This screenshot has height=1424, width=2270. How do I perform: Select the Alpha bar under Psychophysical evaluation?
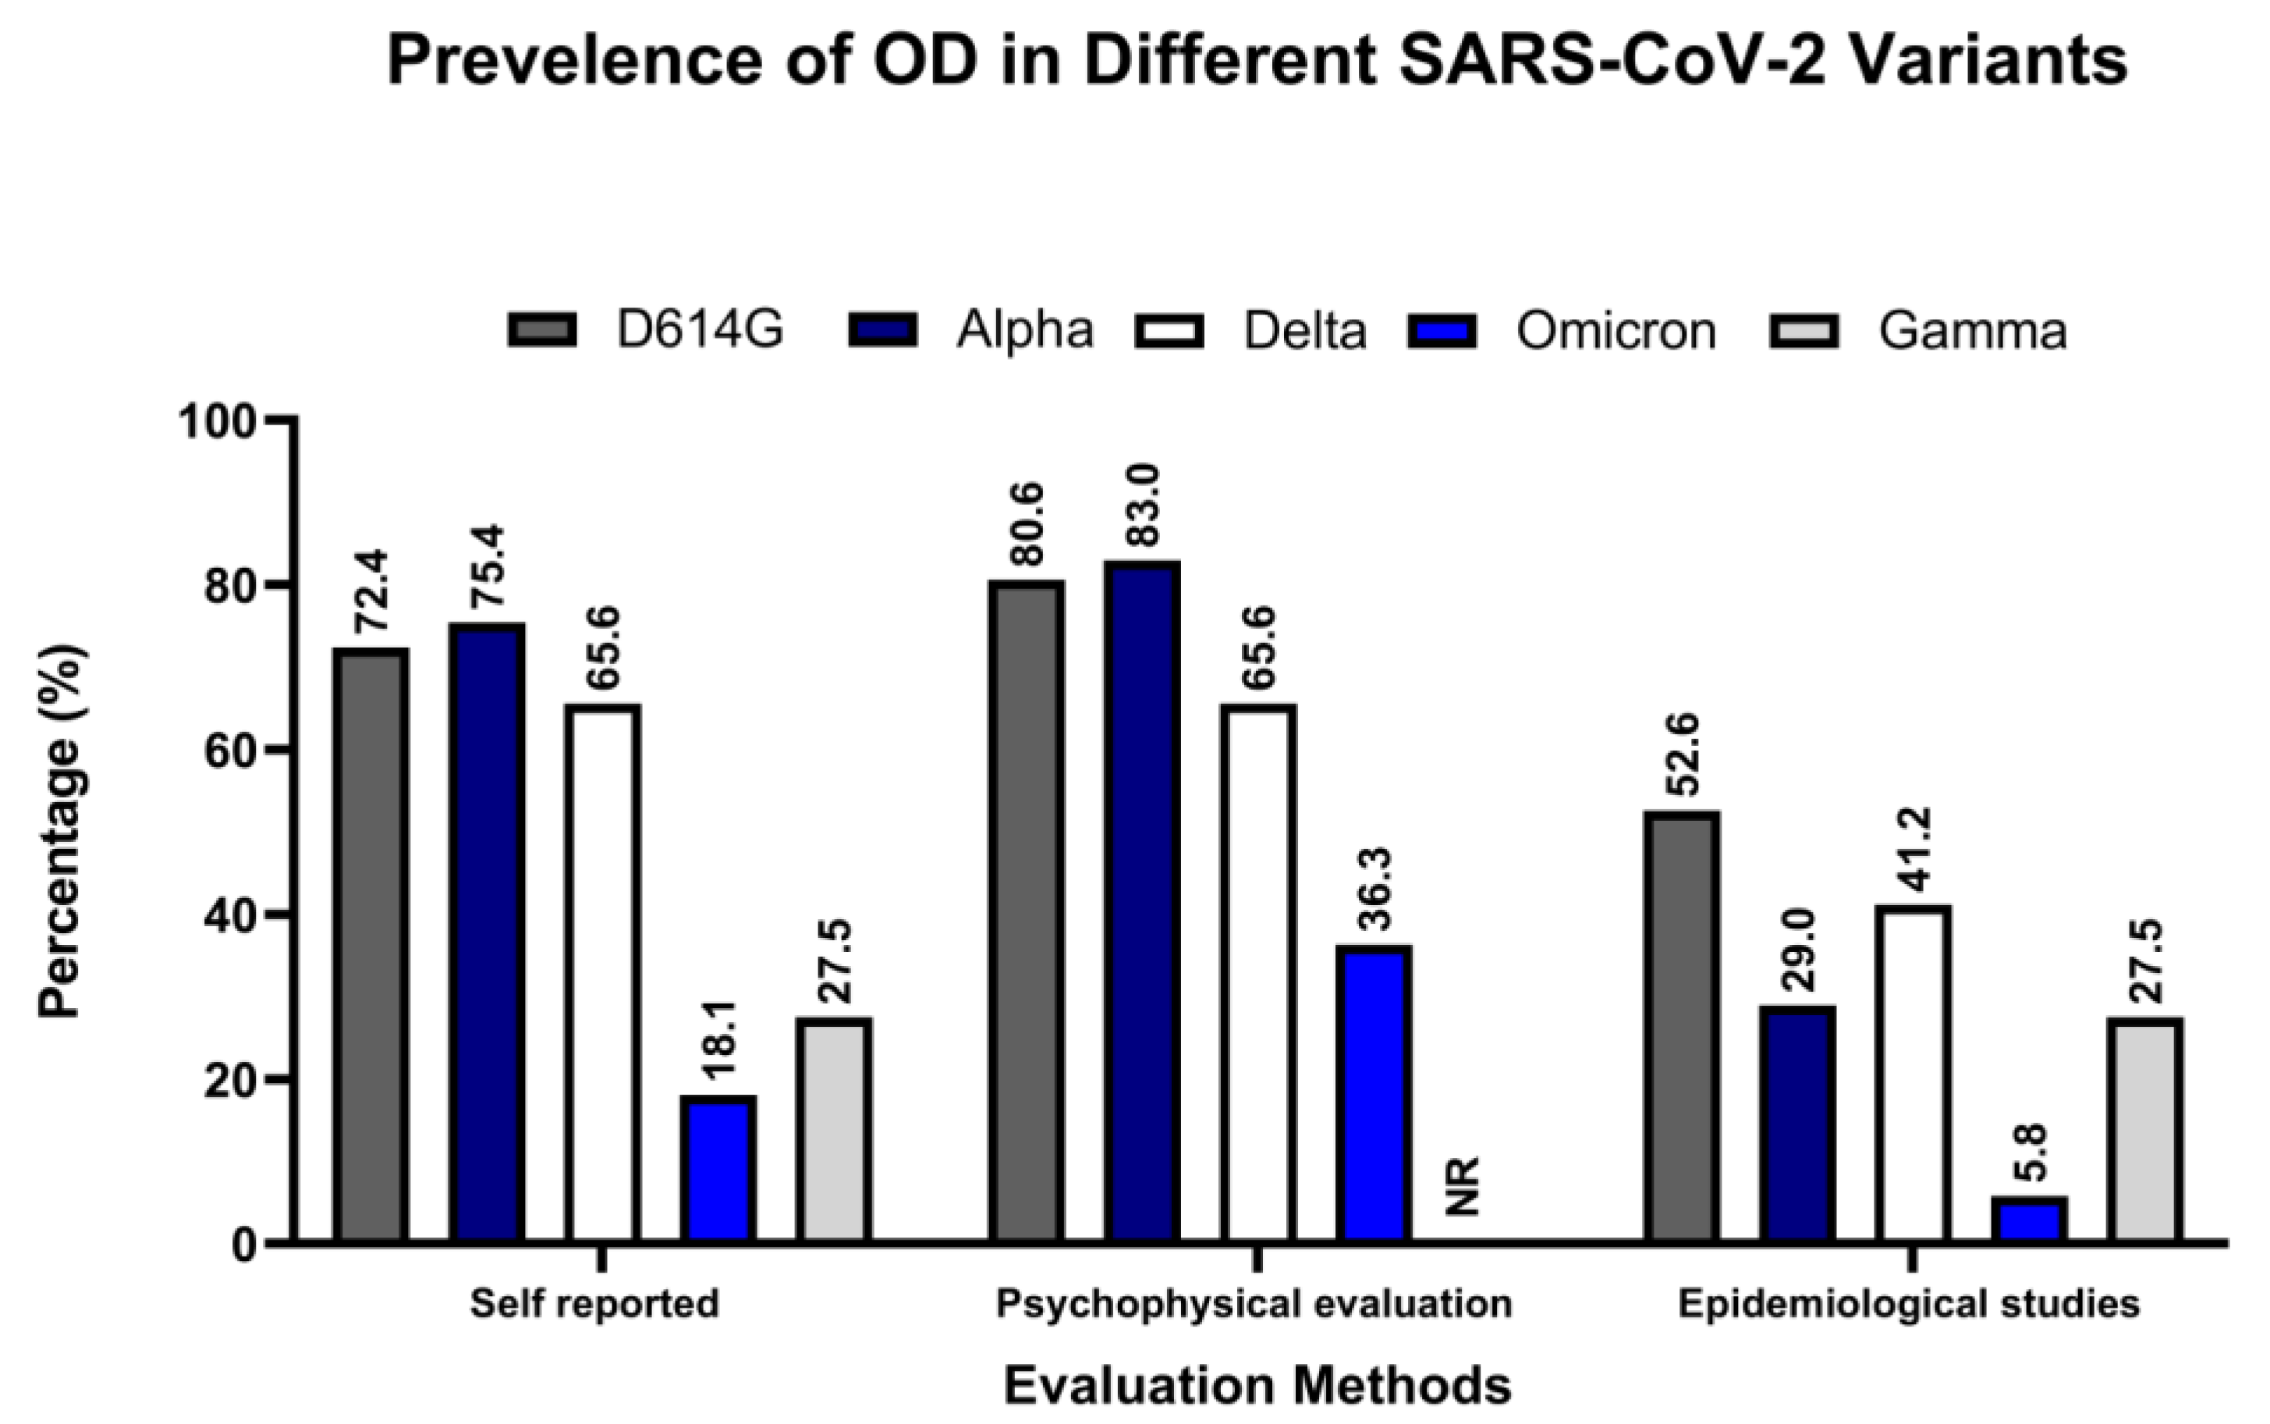point(1142,901)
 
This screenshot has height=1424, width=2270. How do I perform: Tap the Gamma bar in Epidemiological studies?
point(2146,1129)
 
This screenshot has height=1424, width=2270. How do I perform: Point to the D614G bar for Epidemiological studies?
point(1683,1027)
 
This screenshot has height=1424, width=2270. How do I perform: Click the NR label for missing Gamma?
point(1463,1188)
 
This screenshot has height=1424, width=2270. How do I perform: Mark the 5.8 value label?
point(2029,1156)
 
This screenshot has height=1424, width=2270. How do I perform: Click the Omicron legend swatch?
point(1442,331)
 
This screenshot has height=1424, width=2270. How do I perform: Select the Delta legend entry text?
point(1305,332)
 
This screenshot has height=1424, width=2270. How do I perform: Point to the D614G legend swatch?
point(542,331)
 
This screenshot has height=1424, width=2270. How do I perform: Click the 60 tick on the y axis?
point(231,751)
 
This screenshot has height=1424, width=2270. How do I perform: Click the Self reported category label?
point(594,1305)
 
